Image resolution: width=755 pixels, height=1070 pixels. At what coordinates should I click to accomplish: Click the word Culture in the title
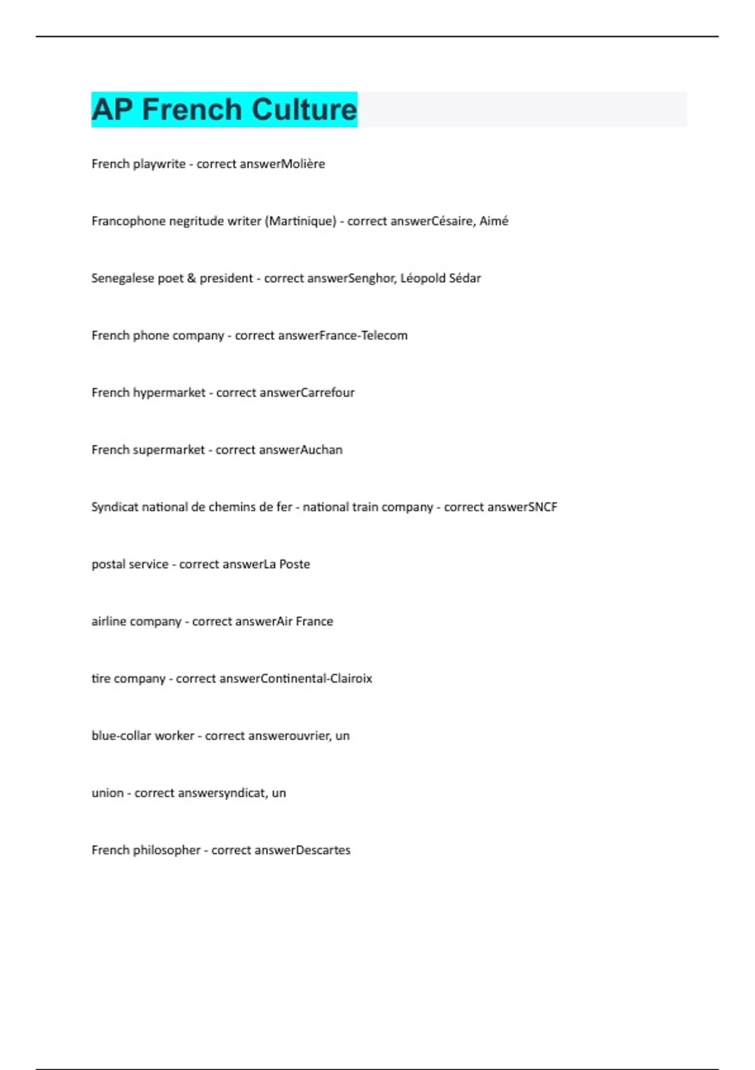305,110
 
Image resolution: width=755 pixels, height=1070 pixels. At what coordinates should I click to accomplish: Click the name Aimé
494,221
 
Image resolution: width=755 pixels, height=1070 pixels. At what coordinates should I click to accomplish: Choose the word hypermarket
169,393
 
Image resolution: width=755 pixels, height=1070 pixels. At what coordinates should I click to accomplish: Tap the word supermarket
169,450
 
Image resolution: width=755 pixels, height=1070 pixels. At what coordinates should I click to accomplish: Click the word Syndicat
115,507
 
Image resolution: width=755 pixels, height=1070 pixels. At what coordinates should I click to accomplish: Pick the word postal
106,565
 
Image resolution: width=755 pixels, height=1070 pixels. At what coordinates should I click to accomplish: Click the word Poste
294,565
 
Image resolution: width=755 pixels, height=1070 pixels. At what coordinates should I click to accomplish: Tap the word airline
109,622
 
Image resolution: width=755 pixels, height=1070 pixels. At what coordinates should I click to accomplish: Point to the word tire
101,679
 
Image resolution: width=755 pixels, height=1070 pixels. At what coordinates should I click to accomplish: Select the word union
107,793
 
